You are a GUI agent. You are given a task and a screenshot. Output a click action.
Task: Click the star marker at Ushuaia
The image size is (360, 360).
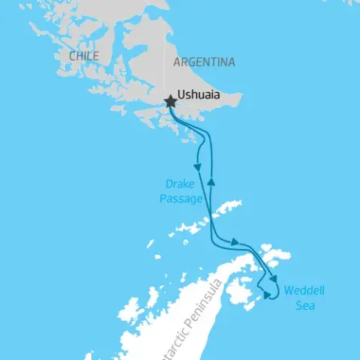click(x=170, y=100)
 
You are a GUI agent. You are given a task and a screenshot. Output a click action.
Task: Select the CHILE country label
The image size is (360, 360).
click(x=83, y=56)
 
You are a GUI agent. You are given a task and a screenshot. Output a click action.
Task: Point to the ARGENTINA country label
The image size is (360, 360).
click(x=204, y=62)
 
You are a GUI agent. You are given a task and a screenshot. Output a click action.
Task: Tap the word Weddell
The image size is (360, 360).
click(x=304, y=292)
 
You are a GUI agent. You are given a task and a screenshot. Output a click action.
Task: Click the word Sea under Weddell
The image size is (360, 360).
click(x=304, y=306)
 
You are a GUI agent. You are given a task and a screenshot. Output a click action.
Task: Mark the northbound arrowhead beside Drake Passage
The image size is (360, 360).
click(x=211, y=181)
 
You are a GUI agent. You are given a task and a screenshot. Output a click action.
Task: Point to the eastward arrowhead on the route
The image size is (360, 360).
click(x=235, y=241)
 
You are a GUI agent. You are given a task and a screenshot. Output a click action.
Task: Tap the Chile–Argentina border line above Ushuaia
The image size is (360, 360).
click(x=165, y=45)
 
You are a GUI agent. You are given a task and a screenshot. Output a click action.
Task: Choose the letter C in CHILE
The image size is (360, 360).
click(x=71, y=56)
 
